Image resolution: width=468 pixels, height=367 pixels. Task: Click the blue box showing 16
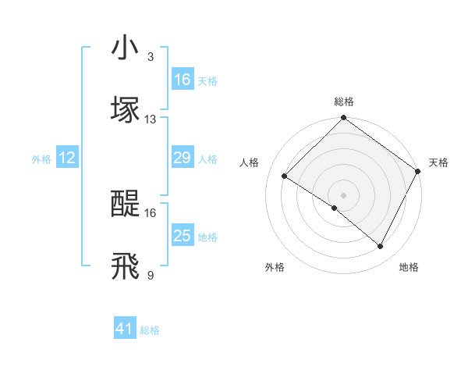pos(183,80)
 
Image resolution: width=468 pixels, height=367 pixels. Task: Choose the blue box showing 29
pos(183,158)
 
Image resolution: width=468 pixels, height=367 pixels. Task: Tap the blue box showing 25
pos(183,236)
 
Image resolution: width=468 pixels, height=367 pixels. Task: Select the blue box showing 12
pos(67,158)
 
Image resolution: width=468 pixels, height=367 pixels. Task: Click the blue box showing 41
pos(125,329)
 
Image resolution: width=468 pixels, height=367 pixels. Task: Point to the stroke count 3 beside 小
pos(151,57)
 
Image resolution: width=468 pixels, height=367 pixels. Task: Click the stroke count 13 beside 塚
pos(151,119)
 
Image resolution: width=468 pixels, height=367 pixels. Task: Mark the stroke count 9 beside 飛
pos(151,275)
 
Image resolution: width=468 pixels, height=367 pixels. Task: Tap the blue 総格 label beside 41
pos(151,330)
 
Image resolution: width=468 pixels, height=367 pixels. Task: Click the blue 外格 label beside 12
pos(41,159)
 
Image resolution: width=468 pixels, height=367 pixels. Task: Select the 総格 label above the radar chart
pos(344,102)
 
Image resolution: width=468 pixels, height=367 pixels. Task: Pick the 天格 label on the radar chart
pos(438,162)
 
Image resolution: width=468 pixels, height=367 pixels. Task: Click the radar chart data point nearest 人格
pos(285,176)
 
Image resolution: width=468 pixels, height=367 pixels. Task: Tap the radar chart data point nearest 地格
pos(381,247)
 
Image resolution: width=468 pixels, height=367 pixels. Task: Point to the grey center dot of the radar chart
pos(344,194)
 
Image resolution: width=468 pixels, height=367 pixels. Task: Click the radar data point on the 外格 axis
pos(335,208)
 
